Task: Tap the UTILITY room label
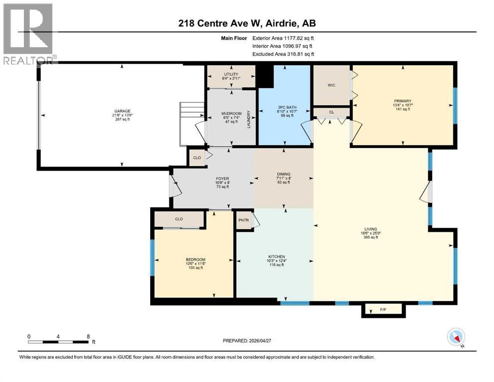pyautogui.click(x=231, y=74)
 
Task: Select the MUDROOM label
pyautogui.click(x=231, y=113)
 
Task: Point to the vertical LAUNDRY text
pyautogui.click(x=249, y=119)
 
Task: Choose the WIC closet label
pyautogui.click(x=331, y=85)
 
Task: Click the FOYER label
pyautogui.click(x=222, y=179)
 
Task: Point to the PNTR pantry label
pyautogui.click(x=243, y=219)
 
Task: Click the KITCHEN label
pyautogui.click(x=275, y=257)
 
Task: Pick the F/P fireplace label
pyautogui.click(x=383, y=310)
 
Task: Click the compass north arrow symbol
pyautogui.click(x=456, y=337)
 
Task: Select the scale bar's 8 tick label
pyautogui.click(x=89, y=336)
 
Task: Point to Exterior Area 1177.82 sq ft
pyautogui.click(x=283, y=38)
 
